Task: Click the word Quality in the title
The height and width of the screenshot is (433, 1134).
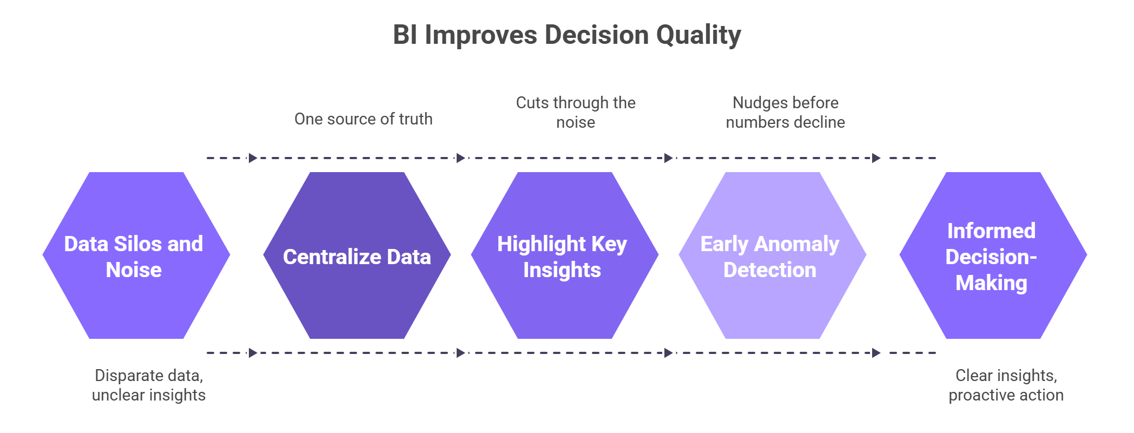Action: coord(698,36)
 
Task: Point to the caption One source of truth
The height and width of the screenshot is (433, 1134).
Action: coord(364,119)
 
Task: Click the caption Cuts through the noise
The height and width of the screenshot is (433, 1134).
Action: coord(576,113)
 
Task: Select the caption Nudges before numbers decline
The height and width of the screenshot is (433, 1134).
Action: coord(786,113)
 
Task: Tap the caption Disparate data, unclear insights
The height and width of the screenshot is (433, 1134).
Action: coord(149,385)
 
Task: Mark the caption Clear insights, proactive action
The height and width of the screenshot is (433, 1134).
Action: coord(1006,385)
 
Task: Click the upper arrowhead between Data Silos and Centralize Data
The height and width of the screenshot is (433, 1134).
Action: coord(253,158)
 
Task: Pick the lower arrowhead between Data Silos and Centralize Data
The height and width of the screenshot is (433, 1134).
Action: coord(253,353)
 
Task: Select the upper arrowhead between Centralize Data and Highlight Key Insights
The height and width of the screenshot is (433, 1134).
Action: coord(461,158)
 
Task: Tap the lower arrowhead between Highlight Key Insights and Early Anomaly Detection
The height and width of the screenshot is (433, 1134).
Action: coord(669,353)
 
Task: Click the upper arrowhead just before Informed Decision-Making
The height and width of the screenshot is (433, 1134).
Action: coord(876,158)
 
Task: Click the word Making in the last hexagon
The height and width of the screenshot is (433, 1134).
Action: coord(991,283)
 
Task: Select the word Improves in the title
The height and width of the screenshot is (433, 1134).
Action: coord(481,36)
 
